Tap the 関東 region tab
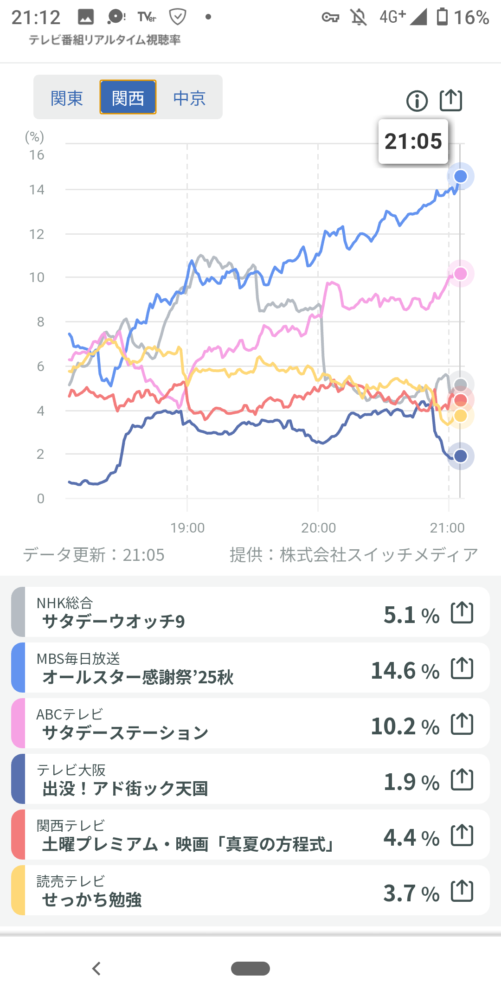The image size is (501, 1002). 67,98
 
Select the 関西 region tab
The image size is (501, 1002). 128,98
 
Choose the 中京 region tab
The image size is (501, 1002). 189,98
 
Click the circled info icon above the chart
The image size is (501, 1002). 417,101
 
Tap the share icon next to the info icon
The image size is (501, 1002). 451,100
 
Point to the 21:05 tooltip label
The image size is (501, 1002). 413,141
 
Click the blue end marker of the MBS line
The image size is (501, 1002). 460,176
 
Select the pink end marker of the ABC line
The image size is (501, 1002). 460,274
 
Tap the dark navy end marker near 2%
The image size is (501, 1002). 460,456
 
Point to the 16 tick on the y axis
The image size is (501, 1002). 37,155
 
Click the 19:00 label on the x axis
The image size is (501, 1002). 187,528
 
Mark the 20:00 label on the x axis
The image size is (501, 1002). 318,528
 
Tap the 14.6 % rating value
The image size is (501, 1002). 405,671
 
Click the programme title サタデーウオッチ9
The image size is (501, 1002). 114,621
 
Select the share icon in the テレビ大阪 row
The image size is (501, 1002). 462,780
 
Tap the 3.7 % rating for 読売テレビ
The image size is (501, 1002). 411,893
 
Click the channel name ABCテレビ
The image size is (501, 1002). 70,714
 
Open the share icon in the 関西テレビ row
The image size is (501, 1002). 462,835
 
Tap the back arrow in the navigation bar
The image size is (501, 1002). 96,969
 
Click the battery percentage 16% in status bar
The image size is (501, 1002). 471,18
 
